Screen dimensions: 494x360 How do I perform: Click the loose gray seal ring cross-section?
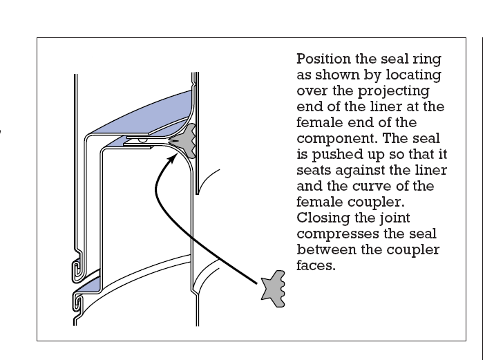[x=274, y=289]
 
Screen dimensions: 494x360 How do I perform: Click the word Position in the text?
[x=323, y=59]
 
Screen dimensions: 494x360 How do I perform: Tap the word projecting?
[x=394, y=91]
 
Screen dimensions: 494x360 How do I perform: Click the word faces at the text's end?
[x=316, y=265]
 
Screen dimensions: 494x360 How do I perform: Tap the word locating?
[x=413, y=75]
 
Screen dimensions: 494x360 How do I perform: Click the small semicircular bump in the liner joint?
[x=142, y=140]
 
